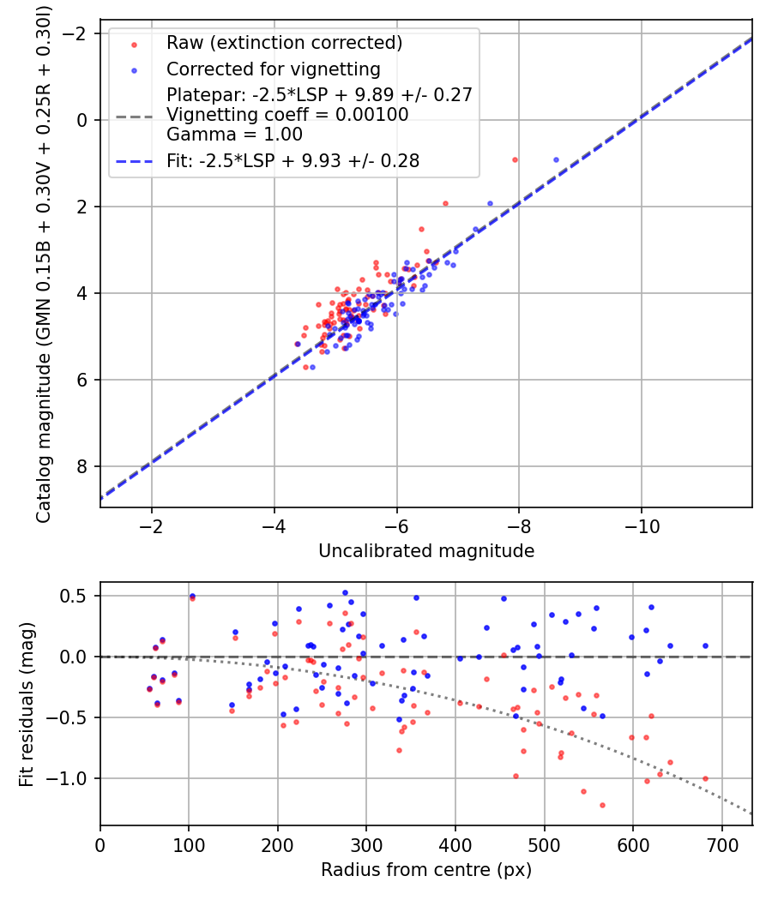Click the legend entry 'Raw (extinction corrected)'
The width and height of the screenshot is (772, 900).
[284, 43]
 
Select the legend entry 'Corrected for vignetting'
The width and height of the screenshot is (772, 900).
[273, 69]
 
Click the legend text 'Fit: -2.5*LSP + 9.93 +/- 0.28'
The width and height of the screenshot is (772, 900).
[293, 161]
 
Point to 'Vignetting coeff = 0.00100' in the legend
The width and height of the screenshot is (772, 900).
[287, 115]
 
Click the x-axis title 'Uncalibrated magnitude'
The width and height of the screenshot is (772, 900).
[426, 551]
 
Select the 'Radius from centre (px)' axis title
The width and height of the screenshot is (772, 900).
[426, 870]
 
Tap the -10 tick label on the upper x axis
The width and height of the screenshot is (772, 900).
[642, 525]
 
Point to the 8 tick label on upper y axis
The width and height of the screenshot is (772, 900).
[82, 466]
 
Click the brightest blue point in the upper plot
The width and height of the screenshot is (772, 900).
[556, 159]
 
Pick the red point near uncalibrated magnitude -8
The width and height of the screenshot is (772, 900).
[515, 159]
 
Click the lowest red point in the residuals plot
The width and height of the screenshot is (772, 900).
[602, 805]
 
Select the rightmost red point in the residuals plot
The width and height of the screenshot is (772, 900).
[705, 778]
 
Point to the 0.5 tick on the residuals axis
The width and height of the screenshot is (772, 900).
[75, 596]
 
